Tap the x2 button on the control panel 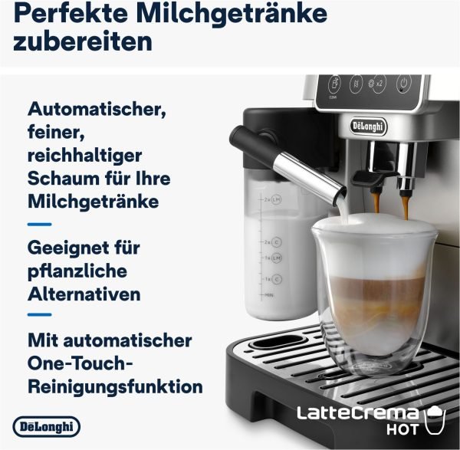(x=376, y=85)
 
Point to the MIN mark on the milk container (x=269, y=295)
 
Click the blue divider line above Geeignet (x=40, y=224)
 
